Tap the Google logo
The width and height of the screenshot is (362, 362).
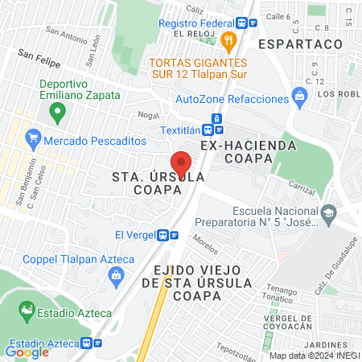point(27,352)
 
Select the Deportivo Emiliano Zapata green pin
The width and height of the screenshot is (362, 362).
point(57,113)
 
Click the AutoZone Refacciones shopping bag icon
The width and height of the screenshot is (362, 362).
point(300,99)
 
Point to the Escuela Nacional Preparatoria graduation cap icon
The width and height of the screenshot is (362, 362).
point(327,213)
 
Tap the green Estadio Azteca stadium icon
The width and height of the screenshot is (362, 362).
point(27,309)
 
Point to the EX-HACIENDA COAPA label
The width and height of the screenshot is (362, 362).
point(249,146)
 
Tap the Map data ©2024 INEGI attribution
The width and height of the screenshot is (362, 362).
point(313,355)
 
